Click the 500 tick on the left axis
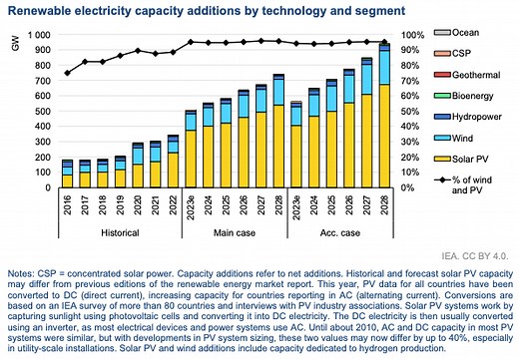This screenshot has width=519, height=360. coord(39,111)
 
